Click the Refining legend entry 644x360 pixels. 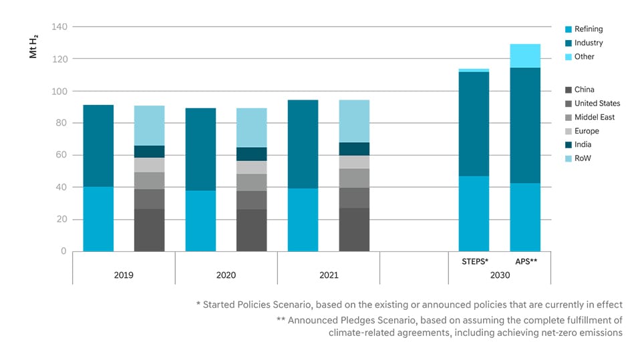pos(588,29)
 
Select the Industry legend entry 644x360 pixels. pos(588,43)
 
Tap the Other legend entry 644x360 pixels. pos(584,57)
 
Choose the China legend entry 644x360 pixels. pos(584,89)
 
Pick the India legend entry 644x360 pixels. pos(583,145)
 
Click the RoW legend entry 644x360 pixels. pos(583,158)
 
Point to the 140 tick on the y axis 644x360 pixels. pos(59,27)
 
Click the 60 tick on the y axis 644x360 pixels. pos(61,155)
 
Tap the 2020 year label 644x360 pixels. pos(226,275)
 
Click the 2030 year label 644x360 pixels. pos(499,275)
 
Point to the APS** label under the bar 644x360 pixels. pos(525,260)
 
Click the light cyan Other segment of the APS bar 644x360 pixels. pos(525,55)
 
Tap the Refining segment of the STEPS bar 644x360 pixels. pos(474,214)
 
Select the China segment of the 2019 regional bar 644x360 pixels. pos(149,230)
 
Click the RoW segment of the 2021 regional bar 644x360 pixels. pos(354,121)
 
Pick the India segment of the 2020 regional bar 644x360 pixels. pos(252,154)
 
